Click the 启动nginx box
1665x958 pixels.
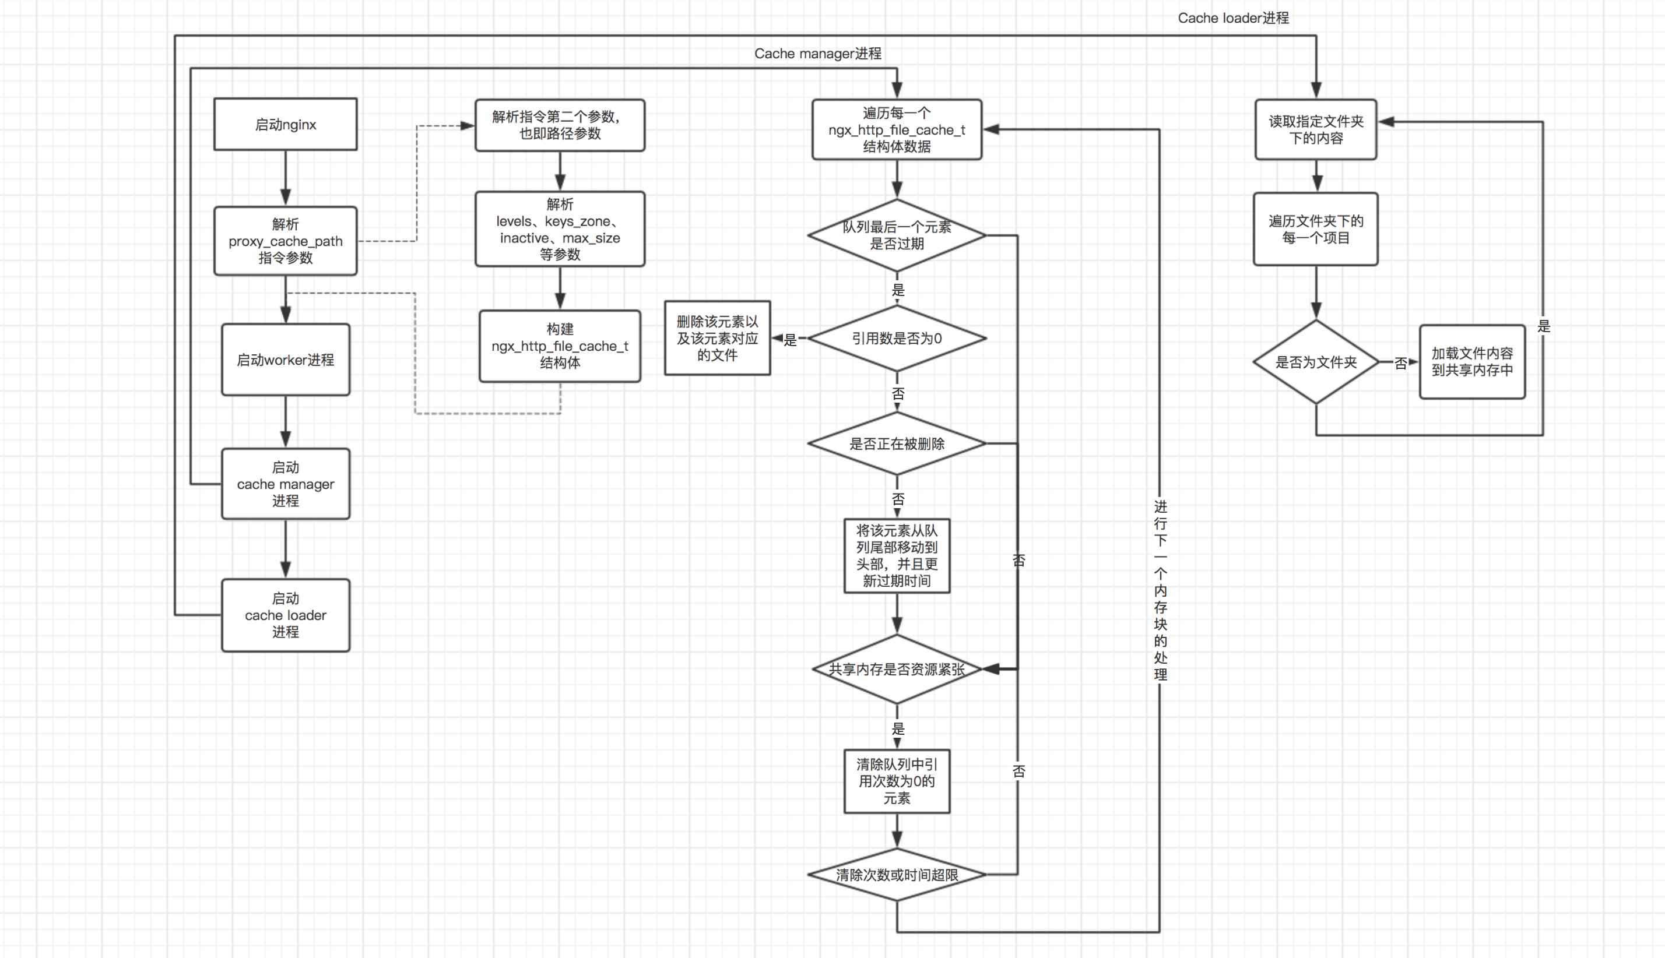(285, 124)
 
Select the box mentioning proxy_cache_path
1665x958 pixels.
(285, 241)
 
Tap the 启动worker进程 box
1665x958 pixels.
(285, 359)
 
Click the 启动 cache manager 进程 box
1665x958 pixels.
(285, 484)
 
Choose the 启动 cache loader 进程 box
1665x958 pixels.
(285, 615)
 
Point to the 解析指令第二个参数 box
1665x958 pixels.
(560, 125)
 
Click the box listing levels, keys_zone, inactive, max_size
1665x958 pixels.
(560, 229)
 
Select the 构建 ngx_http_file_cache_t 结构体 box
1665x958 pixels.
(560, 346)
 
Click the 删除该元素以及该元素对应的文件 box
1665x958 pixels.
(716, 338)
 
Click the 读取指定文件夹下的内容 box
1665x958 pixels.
(1316, 129)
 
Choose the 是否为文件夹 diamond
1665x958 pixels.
(1316, 362)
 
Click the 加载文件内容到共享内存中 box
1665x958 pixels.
(1471, 362)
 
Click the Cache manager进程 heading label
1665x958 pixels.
(817, 53)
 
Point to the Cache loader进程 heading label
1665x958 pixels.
(1232, 17)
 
